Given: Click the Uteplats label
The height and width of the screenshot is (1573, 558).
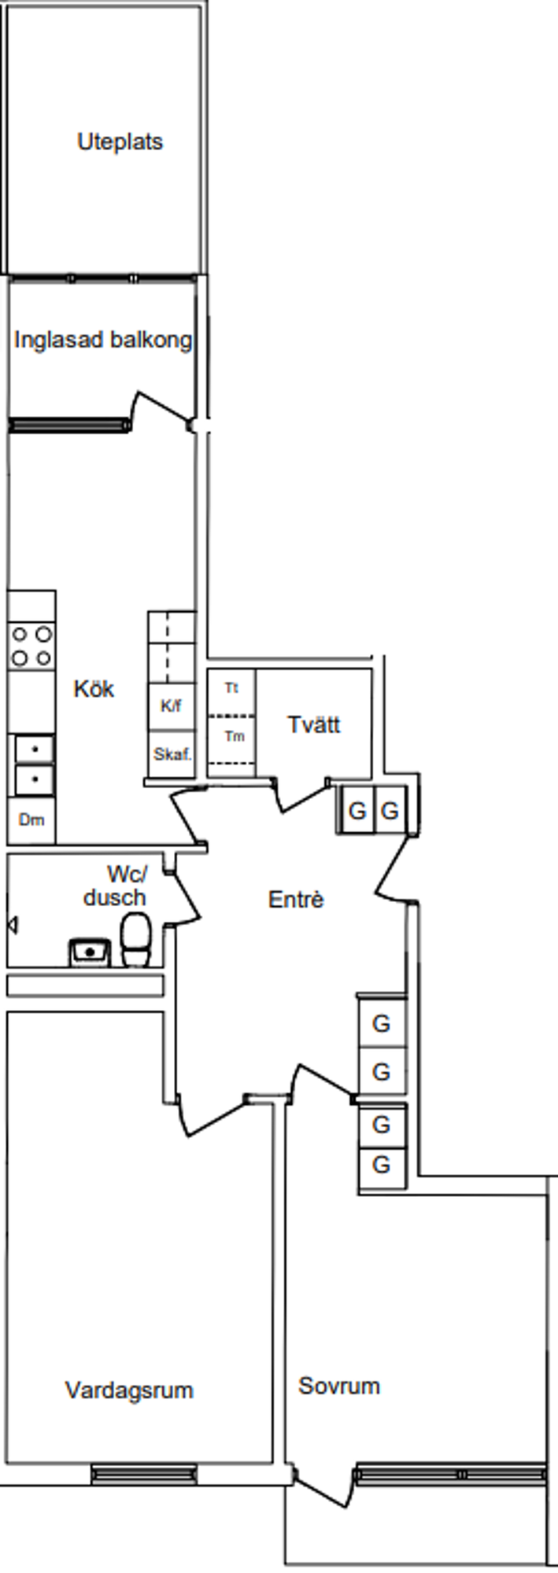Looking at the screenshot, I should [120, 142].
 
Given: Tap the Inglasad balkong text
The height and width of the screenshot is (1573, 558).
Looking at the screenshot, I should [102, 340].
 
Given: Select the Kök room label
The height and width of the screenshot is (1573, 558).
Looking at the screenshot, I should [94, 689].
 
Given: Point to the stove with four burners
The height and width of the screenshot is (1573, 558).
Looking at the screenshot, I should [31, 646].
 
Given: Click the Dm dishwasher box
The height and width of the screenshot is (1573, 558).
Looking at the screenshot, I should [31, 820].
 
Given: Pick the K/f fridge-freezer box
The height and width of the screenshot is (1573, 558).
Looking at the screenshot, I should [171, 705].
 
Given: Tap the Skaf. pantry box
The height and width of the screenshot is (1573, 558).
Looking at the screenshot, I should [172, 754].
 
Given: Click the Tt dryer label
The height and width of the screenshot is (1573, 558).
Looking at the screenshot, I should [231, 688].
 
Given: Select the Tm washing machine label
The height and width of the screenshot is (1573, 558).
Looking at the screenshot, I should [234, 737].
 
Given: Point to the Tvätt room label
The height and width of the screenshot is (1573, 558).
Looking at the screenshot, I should [313, 724].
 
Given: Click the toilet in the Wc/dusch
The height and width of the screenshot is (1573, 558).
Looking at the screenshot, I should [135, 941].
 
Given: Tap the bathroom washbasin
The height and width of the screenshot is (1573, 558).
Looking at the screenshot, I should [90, 952].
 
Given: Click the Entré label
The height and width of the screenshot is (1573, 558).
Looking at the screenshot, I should [295, 899].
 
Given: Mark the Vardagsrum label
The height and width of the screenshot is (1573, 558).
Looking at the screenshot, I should [129, 1390].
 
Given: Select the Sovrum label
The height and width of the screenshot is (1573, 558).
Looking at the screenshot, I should [338, 1385].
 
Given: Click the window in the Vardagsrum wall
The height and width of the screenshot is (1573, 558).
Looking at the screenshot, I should [143, 1473].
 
